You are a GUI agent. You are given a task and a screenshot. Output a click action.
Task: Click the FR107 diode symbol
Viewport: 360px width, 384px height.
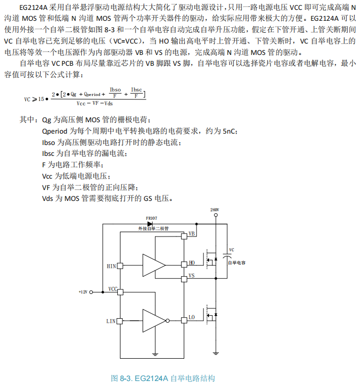tap(149, 224)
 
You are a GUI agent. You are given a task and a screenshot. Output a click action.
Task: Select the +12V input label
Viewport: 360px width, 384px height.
tap(83, 292)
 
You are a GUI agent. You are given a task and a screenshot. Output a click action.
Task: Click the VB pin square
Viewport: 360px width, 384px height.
tap(184, 237)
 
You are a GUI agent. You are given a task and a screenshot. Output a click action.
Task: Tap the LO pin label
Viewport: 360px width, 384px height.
tap(192, 317)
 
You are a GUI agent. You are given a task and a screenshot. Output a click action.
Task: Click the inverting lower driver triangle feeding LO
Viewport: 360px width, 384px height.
tap(154, 321)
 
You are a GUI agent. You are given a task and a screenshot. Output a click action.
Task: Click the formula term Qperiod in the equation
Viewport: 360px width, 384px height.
tap(92, 94)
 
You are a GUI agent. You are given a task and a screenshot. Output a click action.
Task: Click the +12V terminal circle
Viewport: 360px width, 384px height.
tap(92, 292)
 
